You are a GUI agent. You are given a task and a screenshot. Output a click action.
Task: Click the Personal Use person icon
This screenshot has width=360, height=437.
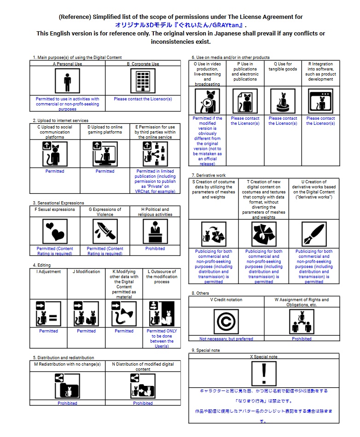tap(67, 81)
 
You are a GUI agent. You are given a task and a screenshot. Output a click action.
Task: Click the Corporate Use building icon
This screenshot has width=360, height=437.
tap(143, 81)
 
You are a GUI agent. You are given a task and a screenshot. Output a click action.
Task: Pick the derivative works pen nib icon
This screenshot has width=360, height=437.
tap(314, 234)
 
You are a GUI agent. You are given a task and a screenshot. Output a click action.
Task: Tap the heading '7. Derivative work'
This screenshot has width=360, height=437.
tap(209, 175)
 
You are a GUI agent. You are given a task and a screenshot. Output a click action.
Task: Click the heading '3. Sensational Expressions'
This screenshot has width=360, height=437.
tap(58, 203)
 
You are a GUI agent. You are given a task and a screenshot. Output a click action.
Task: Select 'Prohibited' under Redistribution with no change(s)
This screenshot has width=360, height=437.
tap(67, 403)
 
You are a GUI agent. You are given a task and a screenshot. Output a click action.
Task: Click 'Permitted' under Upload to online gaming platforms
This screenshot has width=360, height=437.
tap(105, 171)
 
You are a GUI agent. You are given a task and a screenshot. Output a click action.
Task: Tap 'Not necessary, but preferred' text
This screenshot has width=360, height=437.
tap(226, 339)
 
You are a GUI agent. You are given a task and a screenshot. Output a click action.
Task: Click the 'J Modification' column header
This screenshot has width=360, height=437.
tap(86, 272)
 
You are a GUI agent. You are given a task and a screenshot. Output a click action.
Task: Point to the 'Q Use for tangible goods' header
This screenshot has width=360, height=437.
tap(283, 67)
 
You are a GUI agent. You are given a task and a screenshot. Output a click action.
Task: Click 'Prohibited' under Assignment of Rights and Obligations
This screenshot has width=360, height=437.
tap(302, 339)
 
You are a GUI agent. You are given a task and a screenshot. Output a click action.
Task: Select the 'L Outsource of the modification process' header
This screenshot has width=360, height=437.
tap(161, 277)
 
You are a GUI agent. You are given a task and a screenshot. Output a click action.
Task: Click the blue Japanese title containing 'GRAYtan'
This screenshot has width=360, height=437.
tap(180, 25)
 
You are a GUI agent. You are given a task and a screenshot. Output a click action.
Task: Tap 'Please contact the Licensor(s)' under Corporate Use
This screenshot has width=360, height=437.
tap(143, 99)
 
